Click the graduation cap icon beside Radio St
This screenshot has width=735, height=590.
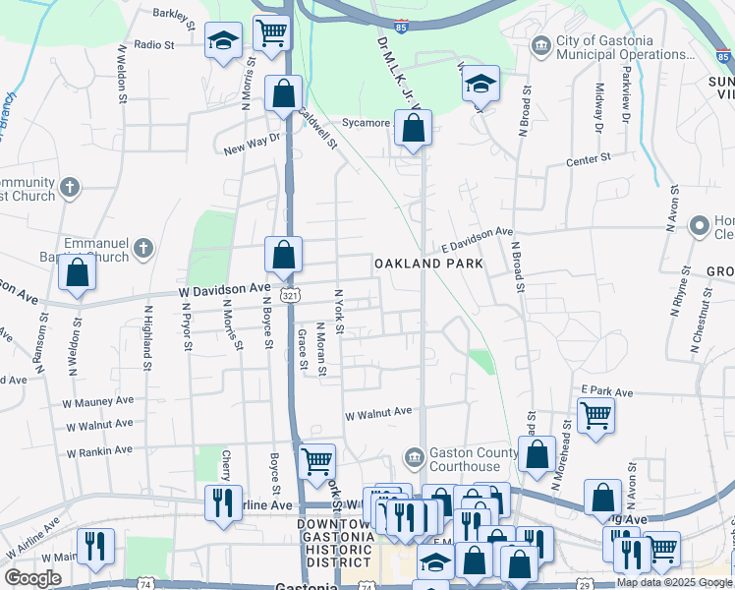click(x=223, y=41)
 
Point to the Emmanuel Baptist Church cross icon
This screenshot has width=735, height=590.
click(x=143, y=246)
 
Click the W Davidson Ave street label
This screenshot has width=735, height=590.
click(x=224, y=289)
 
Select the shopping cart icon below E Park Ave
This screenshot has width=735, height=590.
click(x=595, y=417)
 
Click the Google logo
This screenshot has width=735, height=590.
click(x=32, y=578)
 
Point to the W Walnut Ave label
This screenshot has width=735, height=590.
click(x=377, y=413)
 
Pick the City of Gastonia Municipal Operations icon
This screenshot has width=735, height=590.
click(x=540, y=45)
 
